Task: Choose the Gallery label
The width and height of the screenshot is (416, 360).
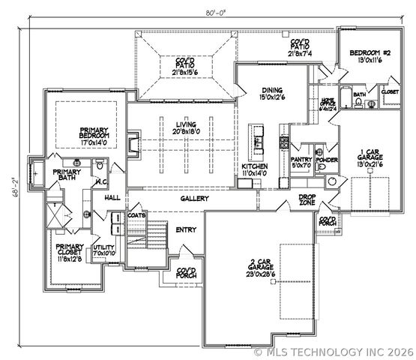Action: point(194,199)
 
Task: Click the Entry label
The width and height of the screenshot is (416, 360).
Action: point(185,229)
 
